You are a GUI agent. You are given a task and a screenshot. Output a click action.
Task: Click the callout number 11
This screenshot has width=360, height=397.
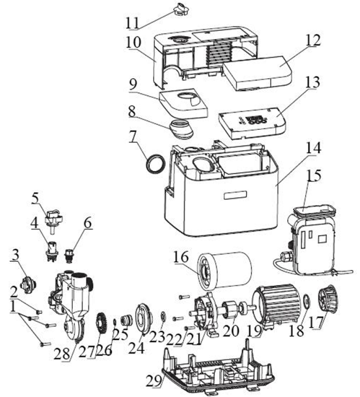(132, 23)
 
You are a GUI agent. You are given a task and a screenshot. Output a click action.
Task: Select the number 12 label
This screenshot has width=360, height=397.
(313, 40)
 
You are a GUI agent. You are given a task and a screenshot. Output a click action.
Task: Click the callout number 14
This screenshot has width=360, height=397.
(313, 148)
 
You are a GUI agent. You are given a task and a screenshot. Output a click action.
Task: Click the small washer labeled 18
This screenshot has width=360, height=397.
(307, 301)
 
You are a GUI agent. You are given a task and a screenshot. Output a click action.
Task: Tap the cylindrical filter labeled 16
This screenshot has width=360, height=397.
(224, 272)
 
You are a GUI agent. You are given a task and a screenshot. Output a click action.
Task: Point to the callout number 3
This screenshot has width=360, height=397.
(15, 255)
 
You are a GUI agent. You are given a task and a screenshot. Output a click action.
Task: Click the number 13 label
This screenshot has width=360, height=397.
(312, 83)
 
